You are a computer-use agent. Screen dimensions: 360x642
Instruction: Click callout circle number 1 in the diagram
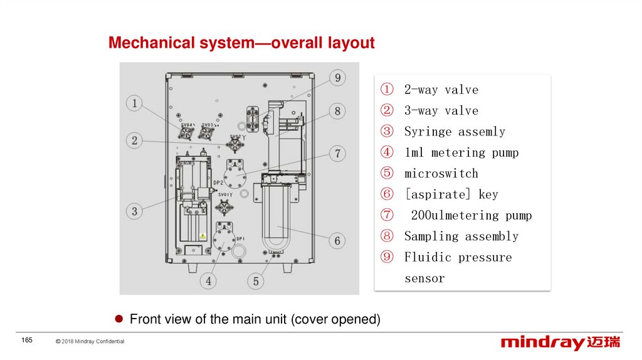pyautogui.click(x=134, y=103)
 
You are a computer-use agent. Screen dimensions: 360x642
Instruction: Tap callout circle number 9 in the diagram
pyautogui.click(x=337, y=78)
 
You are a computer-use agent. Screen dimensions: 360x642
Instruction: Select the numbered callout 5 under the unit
pyautogui.click(x=256, y=281)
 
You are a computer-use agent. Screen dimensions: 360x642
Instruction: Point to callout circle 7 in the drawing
pyautogui.click(x=337, y=154)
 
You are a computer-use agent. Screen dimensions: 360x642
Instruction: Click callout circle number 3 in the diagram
pyautogui.click(x=134, y=211)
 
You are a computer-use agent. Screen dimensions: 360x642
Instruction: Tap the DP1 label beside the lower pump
pyautogui.click(x=241, y=239)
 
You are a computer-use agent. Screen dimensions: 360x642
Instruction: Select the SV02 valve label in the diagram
pyautogui.click(x=236, y=137)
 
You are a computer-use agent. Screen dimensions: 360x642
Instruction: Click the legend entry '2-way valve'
pyautogui.click(x=441, y=90)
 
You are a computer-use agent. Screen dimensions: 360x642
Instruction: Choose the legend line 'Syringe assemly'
pyautogui.click(x=455, y=132)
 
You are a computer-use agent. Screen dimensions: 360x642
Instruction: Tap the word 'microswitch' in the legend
pyautogui.click(x=441, y=174)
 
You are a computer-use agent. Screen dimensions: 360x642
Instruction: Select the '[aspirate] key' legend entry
pyautogui.click(x=451, y=194)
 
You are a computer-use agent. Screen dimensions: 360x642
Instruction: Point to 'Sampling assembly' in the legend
pyautogui.click(x=461, y=236)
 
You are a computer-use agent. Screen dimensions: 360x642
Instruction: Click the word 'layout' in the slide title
pyautogui.click(x=350, y=43)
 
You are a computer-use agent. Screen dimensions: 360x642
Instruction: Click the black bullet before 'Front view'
pyautogui.click(x=118, y=319)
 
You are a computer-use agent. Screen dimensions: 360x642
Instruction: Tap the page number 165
pyautogui.click(x=26, y=340)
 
